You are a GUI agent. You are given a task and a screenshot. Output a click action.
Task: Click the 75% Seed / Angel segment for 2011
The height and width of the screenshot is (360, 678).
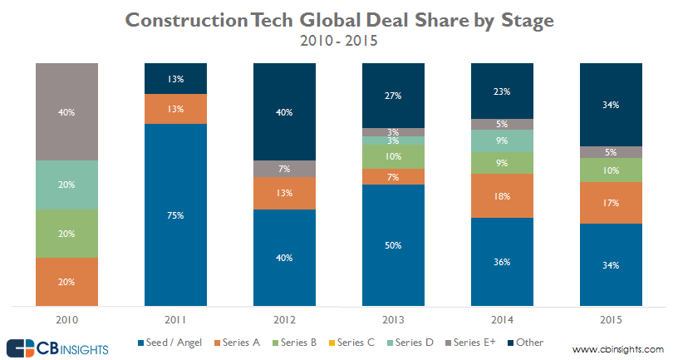click(175, 215)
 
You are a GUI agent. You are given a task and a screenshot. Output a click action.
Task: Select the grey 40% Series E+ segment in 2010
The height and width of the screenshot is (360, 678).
click(67, 111)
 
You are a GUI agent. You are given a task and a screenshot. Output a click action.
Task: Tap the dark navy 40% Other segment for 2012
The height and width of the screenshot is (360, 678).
click(284, 111)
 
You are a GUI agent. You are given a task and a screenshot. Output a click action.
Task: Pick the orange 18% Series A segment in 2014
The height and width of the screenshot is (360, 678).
click(501, 196)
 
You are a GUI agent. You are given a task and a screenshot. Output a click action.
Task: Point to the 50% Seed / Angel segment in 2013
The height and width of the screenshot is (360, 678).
click(393, 245)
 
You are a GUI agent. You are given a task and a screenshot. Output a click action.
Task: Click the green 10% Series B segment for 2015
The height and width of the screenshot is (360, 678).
click(610, 170)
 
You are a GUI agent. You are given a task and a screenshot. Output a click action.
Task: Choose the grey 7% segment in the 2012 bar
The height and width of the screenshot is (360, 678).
click(284, 169)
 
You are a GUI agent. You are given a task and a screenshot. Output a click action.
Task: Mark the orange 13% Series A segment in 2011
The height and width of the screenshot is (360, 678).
click(175, 108)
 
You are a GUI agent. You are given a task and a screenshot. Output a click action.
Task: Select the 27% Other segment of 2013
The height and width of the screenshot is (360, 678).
click(393, 95)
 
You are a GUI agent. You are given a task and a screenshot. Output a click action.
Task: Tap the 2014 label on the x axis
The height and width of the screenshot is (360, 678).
click(501, 319)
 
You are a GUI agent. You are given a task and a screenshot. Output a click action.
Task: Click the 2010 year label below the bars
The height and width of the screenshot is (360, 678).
click(67, 319)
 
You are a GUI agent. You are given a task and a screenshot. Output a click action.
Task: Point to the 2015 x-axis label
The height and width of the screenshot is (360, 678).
click(610, 319)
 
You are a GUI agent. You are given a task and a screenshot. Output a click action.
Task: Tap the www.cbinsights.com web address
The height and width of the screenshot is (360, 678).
click(618, 349)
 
